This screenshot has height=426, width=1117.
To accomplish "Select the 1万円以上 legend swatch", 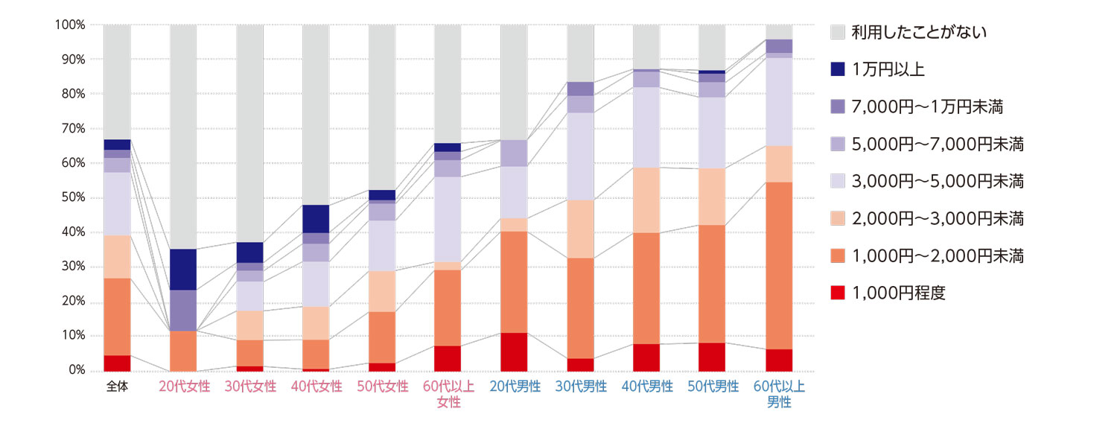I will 838,70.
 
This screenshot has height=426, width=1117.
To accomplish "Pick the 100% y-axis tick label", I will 70,25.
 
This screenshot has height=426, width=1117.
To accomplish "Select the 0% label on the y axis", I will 75,371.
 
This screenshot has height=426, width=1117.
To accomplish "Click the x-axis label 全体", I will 117,387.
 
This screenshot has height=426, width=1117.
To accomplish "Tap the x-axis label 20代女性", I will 183,387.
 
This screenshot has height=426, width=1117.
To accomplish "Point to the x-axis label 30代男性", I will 580,387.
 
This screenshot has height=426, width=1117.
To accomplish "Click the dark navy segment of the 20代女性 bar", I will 183,270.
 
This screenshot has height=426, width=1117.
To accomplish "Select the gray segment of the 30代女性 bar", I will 249,134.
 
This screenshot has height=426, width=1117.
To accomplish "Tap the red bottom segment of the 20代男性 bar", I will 514,352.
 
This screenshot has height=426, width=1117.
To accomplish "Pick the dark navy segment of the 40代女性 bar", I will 316,219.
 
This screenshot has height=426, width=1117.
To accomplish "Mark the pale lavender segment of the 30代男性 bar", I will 580,156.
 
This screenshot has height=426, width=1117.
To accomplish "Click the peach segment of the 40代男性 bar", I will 646,200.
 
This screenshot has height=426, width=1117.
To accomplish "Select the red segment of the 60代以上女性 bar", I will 448,358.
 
